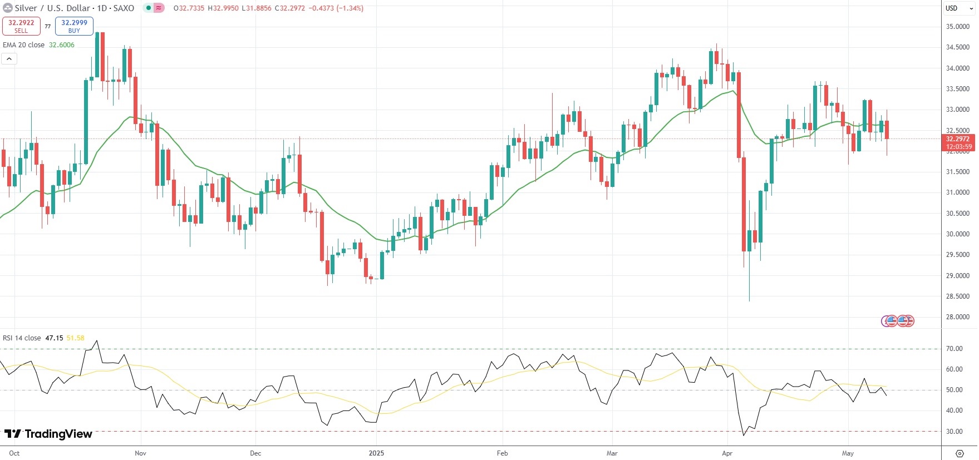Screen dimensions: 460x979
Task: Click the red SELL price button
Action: click(21, 26)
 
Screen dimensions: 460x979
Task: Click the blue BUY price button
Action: click(74, 26)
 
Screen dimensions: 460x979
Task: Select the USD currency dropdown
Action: click(959, 8)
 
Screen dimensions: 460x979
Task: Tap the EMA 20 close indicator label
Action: click(24, 45)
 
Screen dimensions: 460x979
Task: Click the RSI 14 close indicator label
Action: click(22, 338)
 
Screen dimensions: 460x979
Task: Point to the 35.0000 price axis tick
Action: click(957, 27)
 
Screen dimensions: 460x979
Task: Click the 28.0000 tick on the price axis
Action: click(957, 317)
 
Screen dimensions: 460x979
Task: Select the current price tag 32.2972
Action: click(958, 139)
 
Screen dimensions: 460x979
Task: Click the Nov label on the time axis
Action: click(140, 453)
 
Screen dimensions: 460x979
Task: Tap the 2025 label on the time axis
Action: click(376, 453)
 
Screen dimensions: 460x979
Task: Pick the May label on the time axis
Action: click(848, 453)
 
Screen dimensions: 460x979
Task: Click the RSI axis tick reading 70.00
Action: click(954, 349)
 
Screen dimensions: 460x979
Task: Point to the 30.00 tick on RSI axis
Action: click(954, 432)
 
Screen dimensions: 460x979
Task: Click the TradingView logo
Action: click(48, 434)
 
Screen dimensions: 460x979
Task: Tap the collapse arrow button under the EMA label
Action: click(9, 58)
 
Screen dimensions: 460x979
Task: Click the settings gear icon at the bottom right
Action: click(960, 453)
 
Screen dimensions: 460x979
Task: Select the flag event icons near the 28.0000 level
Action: click(898, 321)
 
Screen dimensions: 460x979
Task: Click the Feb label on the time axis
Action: click(502, 453)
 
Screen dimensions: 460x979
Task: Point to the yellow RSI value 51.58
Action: click(75, 338)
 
